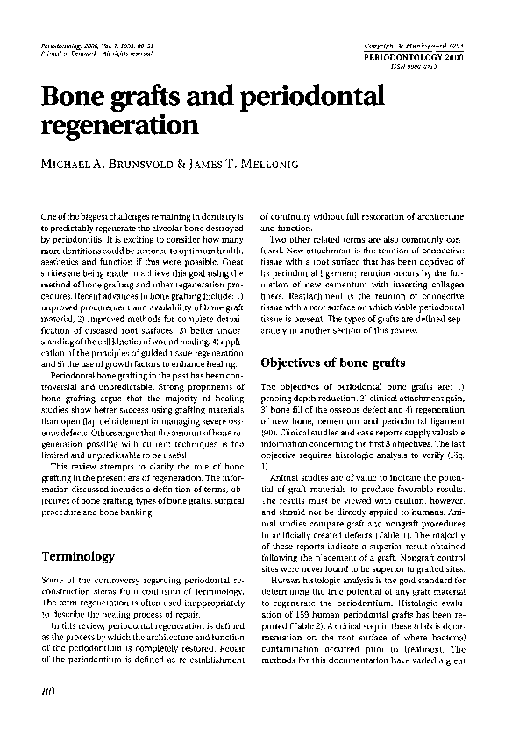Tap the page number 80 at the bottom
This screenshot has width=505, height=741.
[x=49, y=691]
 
